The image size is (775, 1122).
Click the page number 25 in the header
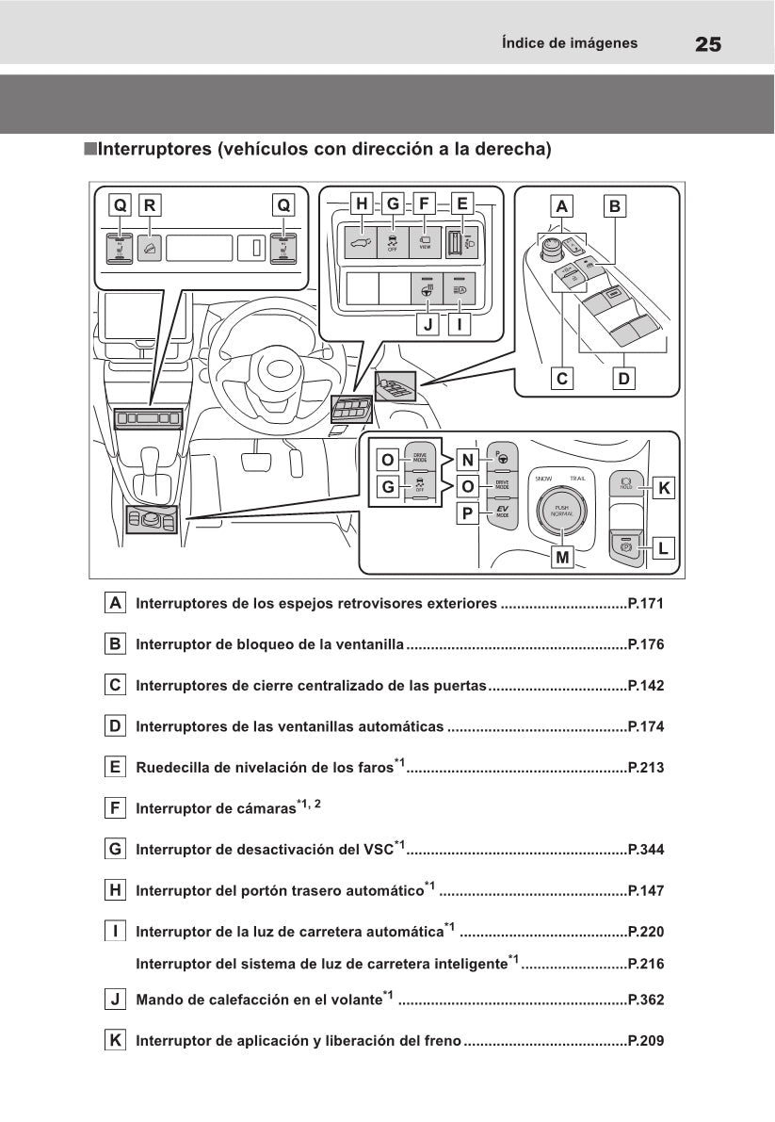(x=708, y=43)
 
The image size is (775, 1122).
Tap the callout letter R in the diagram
(x=150, y=204)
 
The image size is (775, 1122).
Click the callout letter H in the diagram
(x=360, y=203)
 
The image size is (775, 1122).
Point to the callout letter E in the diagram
(x=461, y=203)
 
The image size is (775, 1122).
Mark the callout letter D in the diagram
(x=623, y=378)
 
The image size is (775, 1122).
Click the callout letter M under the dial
(x=562, y=557)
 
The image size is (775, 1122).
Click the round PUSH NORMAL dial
(x=561, y=512)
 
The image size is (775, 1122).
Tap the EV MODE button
(x=502, y=512)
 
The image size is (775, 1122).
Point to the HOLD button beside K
(x=626, y=483)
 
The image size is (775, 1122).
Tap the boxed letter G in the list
(x=115, y=849)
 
